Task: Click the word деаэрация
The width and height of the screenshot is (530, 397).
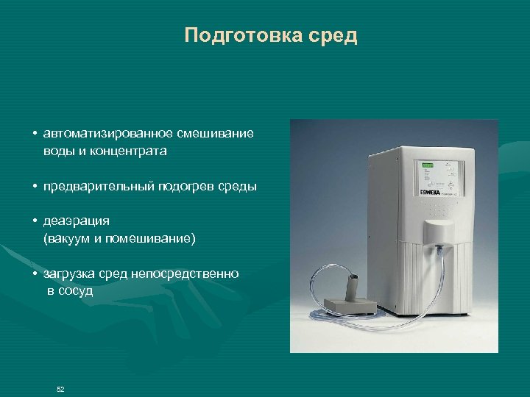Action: click(77, 221)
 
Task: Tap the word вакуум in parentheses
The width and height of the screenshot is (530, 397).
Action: click(69, 238)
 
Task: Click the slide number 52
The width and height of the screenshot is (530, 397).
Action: click(60, 389)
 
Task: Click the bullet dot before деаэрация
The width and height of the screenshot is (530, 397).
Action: click(35, 221)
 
